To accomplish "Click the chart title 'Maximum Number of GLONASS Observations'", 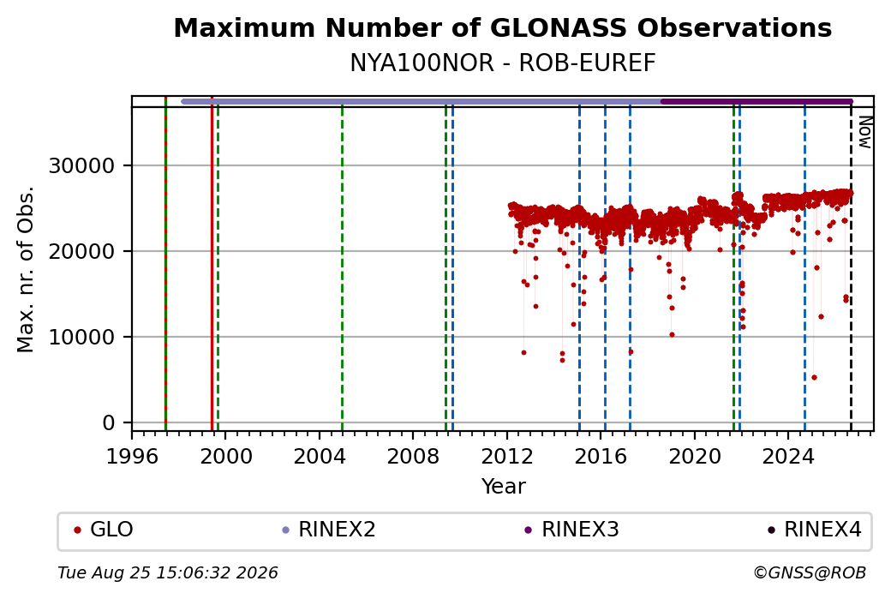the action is pyautogui.click(x=502, y=27).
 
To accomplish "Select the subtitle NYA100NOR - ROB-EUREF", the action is pyautogui.click(x=502, y=63).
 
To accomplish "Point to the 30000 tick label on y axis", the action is pyautogui.click(x=82, y=166).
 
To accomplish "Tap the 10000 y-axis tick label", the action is pyautogui.click(x=82, y=337).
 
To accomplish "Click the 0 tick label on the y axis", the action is pyautogui.click(x=109, y=422).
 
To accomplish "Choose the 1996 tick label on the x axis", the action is pyautogui.click(x=132, y=456).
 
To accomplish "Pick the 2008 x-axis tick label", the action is pyautogui.click(x=413, y=456).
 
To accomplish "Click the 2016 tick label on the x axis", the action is pyautogui.click(x=601, y=456).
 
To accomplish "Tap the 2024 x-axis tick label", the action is pyautogui.click(x=788, y=456).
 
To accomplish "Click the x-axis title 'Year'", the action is pyautogui.click(x=504, y=487).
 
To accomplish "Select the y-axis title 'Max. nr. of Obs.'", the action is pyautogui.click(x=26, y=269).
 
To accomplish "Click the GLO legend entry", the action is pyautogui.click(x=104, y=530).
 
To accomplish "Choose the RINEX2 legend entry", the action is pyautogui.click(x=329, y=530).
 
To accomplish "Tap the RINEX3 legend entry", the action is pyautogui.click(x=571, y=530).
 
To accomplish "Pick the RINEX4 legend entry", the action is pyautogui.click(x=815, y=530).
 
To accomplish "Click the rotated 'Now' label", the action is pyautogui.click(x=864, y=132).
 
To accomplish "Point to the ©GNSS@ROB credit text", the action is pyautogui.click(x=810, y=572).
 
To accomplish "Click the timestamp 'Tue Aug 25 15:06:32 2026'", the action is pyautogui.click(x=168, y=572).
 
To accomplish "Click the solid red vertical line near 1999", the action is pyautogui.click(x=212, y=264).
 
